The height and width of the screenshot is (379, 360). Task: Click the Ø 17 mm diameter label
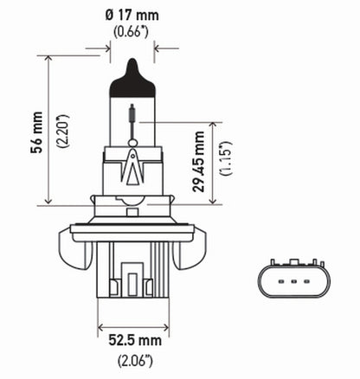pyautogui.click(x=132, y=15)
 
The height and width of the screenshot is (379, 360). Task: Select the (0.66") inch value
pyautogui.click(x=132, y=33)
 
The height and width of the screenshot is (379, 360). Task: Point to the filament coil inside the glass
pyautogui.click(x=132, y=113)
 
